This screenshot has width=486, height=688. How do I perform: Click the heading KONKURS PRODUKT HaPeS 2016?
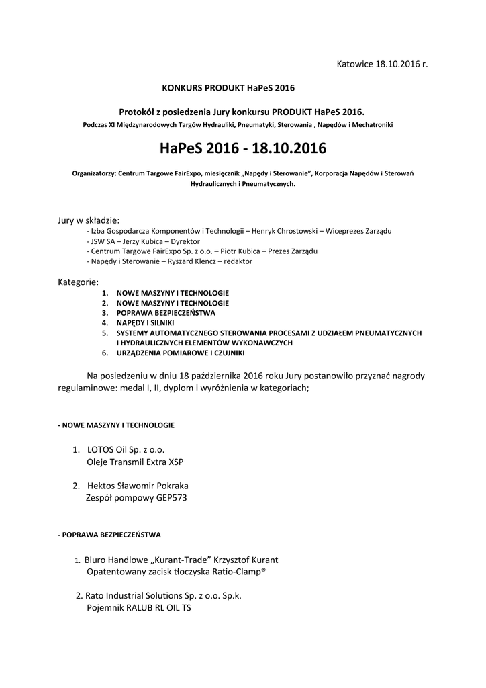tap(228, 87)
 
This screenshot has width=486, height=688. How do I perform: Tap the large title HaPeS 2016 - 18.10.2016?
tap(243, 147)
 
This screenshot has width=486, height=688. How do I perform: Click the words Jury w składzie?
tap(89, 220)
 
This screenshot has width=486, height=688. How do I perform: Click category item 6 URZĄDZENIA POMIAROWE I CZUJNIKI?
tap(181, 353)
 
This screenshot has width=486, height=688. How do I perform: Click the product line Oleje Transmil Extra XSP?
tap(135, 462)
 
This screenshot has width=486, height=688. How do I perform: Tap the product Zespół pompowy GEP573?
tap(136, 499)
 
